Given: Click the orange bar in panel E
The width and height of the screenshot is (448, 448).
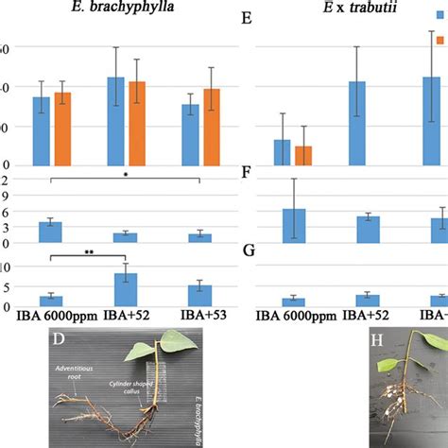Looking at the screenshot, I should coord(304,157).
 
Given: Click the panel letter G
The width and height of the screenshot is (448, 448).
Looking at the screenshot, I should coord(250,250).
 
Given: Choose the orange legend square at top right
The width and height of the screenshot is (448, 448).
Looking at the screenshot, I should coord(440,41).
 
